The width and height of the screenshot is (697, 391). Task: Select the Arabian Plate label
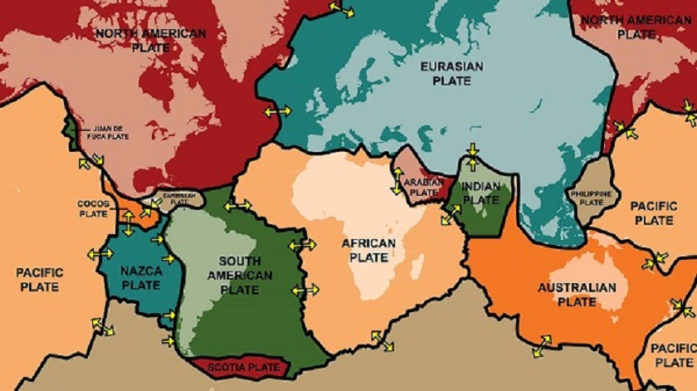coord(422,187)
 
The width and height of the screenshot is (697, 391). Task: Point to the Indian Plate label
coord(480,193)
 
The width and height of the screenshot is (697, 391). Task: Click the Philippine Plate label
coord(592,198)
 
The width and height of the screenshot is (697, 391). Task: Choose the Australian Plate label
coord(577,295)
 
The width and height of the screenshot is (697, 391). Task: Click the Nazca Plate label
coord(140,277)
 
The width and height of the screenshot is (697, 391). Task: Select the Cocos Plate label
coord(93,208)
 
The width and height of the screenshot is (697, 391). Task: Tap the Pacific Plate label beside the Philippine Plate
coord(654,213)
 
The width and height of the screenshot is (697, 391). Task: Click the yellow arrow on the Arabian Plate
coord(397,181)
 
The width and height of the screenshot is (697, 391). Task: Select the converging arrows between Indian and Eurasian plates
coord(471,154)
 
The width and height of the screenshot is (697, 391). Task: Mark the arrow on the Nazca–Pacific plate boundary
coord(100,254)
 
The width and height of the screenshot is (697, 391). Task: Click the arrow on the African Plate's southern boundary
coord(383,340)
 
